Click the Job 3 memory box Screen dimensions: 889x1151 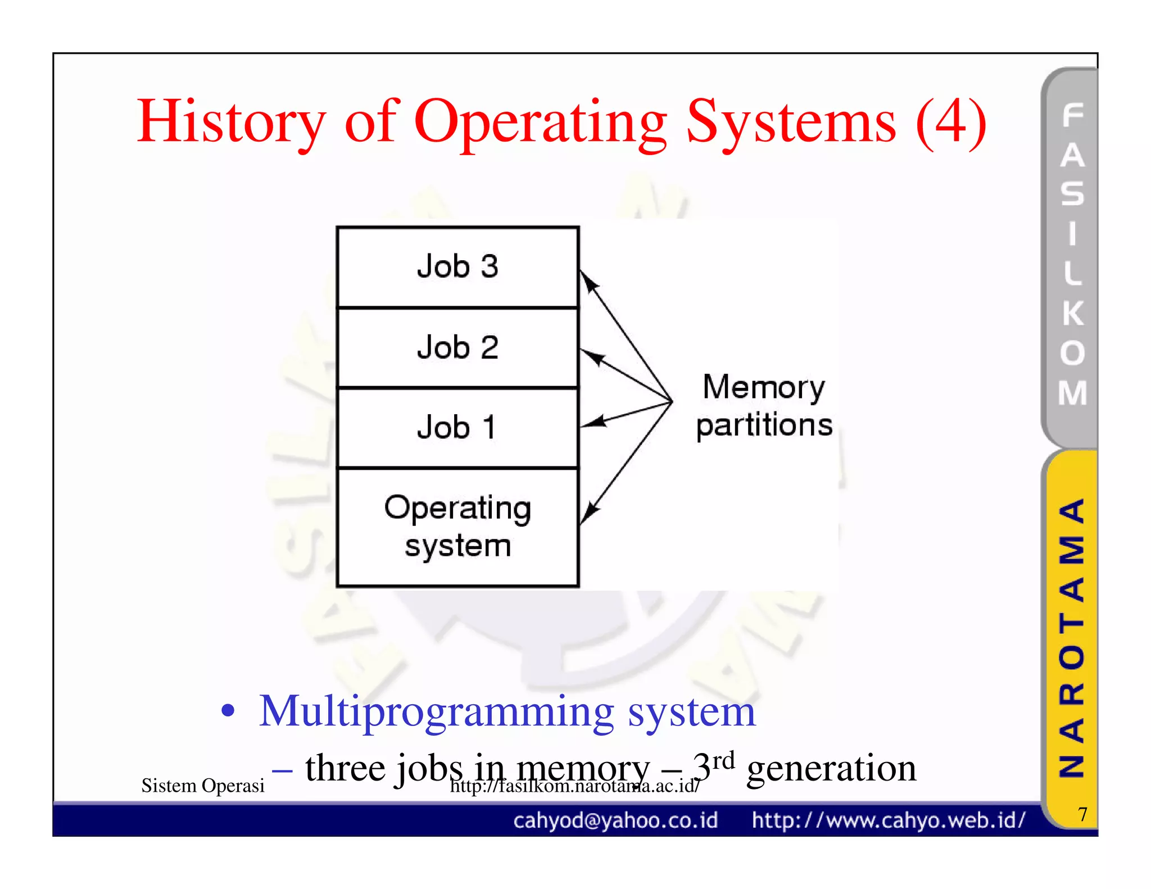coord(457,267)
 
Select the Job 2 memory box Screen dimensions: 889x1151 coord(457,347)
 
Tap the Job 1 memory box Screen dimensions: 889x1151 coord(457,428)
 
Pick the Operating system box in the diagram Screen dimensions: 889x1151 coord(457,527)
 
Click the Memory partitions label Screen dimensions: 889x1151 coord(764,406)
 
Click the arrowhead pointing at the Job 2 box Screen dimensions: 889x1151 coord(591,356)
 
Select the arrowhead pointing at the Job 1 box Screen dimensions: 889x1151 coord(593,422)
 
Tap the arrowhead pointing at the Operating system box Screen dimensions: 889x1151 coord(588,513)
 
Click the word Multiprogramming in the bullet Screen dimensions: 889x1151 coord(436,713)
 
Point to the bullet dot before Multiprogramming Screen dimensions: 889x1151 coord(228,710)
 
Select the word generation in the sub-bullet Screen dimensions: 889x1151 coord(831,768)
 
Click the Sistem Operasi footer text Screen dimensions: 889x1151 coord(202,786)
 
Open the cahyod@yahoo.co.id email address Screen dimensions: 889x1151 coord(615,820)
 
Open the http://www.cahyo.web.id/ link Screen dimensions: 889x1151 coord(889,820)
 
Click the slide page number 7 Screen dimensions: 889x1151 coord(1082,814)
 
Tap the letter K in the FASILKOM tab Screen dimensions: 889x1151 coord(1072,313)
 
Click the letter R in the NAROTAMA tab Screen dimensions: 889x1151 coord(1071,693)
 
